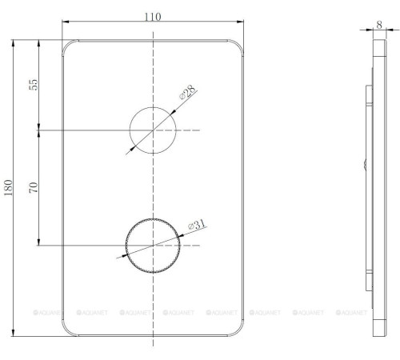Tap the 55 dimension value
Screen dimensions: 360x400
click(33, 84)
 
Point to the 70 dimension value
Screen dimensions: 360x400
click(33, 189)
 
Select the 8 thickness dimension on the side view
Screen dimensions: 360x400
click(378, 24)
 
